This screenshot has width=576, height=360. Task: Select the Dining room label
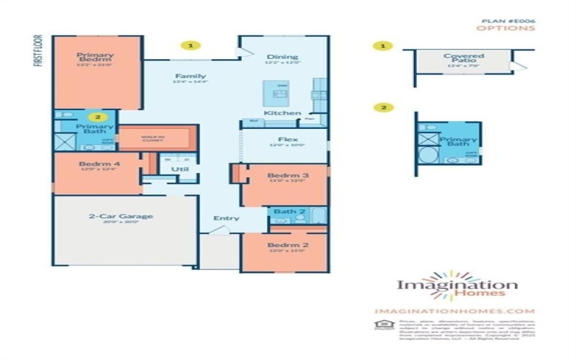[277, 57]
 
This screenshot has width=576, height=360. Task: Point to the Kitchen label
[277, 114]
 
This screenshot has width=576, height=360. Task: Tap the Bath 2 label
[287, 212]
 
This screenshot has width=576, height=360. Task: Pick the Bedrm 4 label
[94, 164]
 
